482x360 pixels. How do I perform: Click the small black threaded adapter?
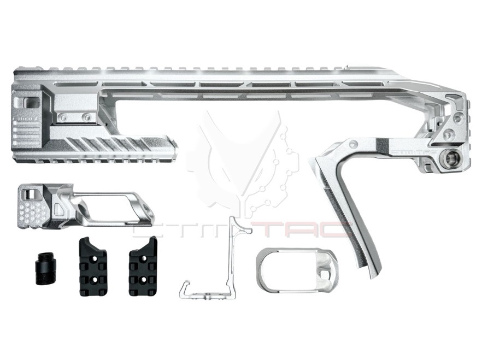(42, 267)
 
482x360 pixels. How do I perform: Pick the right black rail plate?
(143, 267)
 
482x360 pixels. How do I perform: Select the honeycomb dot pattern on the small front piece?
(35, 213)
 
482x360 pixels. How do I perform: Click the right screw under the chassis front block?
(85, 116)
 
